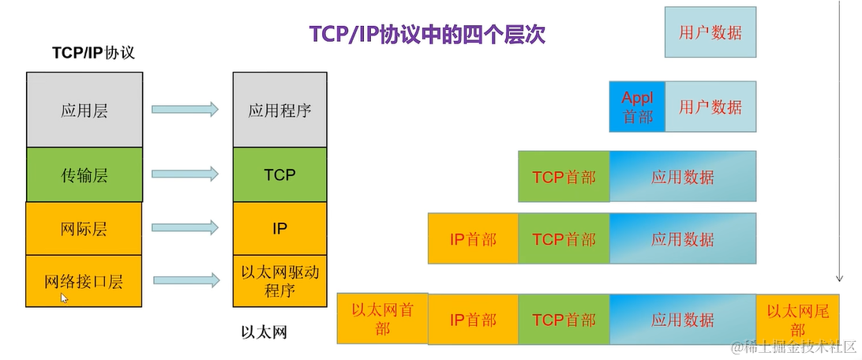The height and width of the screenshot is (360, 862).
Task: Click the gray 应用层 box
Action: click(84, 111)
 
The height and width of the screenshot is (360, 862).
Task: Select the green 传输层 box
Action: click(84, 174)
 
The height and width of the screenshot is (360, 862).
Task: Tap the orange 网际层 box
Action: click(84, 229)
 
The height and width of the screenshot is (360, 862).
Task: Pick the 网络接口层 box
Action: click(84, 280)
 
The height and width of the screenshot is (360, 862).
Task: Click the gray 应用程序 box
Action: click(279, 111)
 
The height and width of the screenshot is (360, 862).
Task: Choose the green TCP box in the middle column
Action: click(279, 174)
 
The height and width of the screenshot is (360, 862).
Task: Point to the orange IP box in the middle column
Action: click(279, 229)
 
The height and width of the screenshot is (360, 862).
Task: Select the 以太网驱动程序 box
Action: click(279, 280)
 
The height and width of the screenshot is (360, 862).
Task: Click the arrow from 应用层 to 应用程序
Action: click(185, 111)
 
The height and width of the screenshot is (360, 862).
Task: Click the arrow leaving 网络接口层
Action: click(186, 279)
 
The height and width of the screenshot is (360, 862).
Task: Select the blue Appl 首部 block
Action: click(637, 107)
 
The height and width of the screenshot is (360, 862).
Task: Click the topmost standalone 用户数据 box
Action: click(710, 32)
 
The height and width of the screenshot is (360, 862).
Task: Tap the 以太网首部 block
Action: click(382, 319)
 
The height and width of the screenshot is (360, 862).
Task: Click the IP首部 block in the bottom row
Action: click(473, 320)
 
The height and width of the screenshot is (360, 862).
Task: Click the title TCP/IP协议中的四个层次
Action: click(426, 36)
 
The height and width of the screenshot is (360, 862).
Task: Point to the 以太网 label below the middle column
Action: click(264, 332)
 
